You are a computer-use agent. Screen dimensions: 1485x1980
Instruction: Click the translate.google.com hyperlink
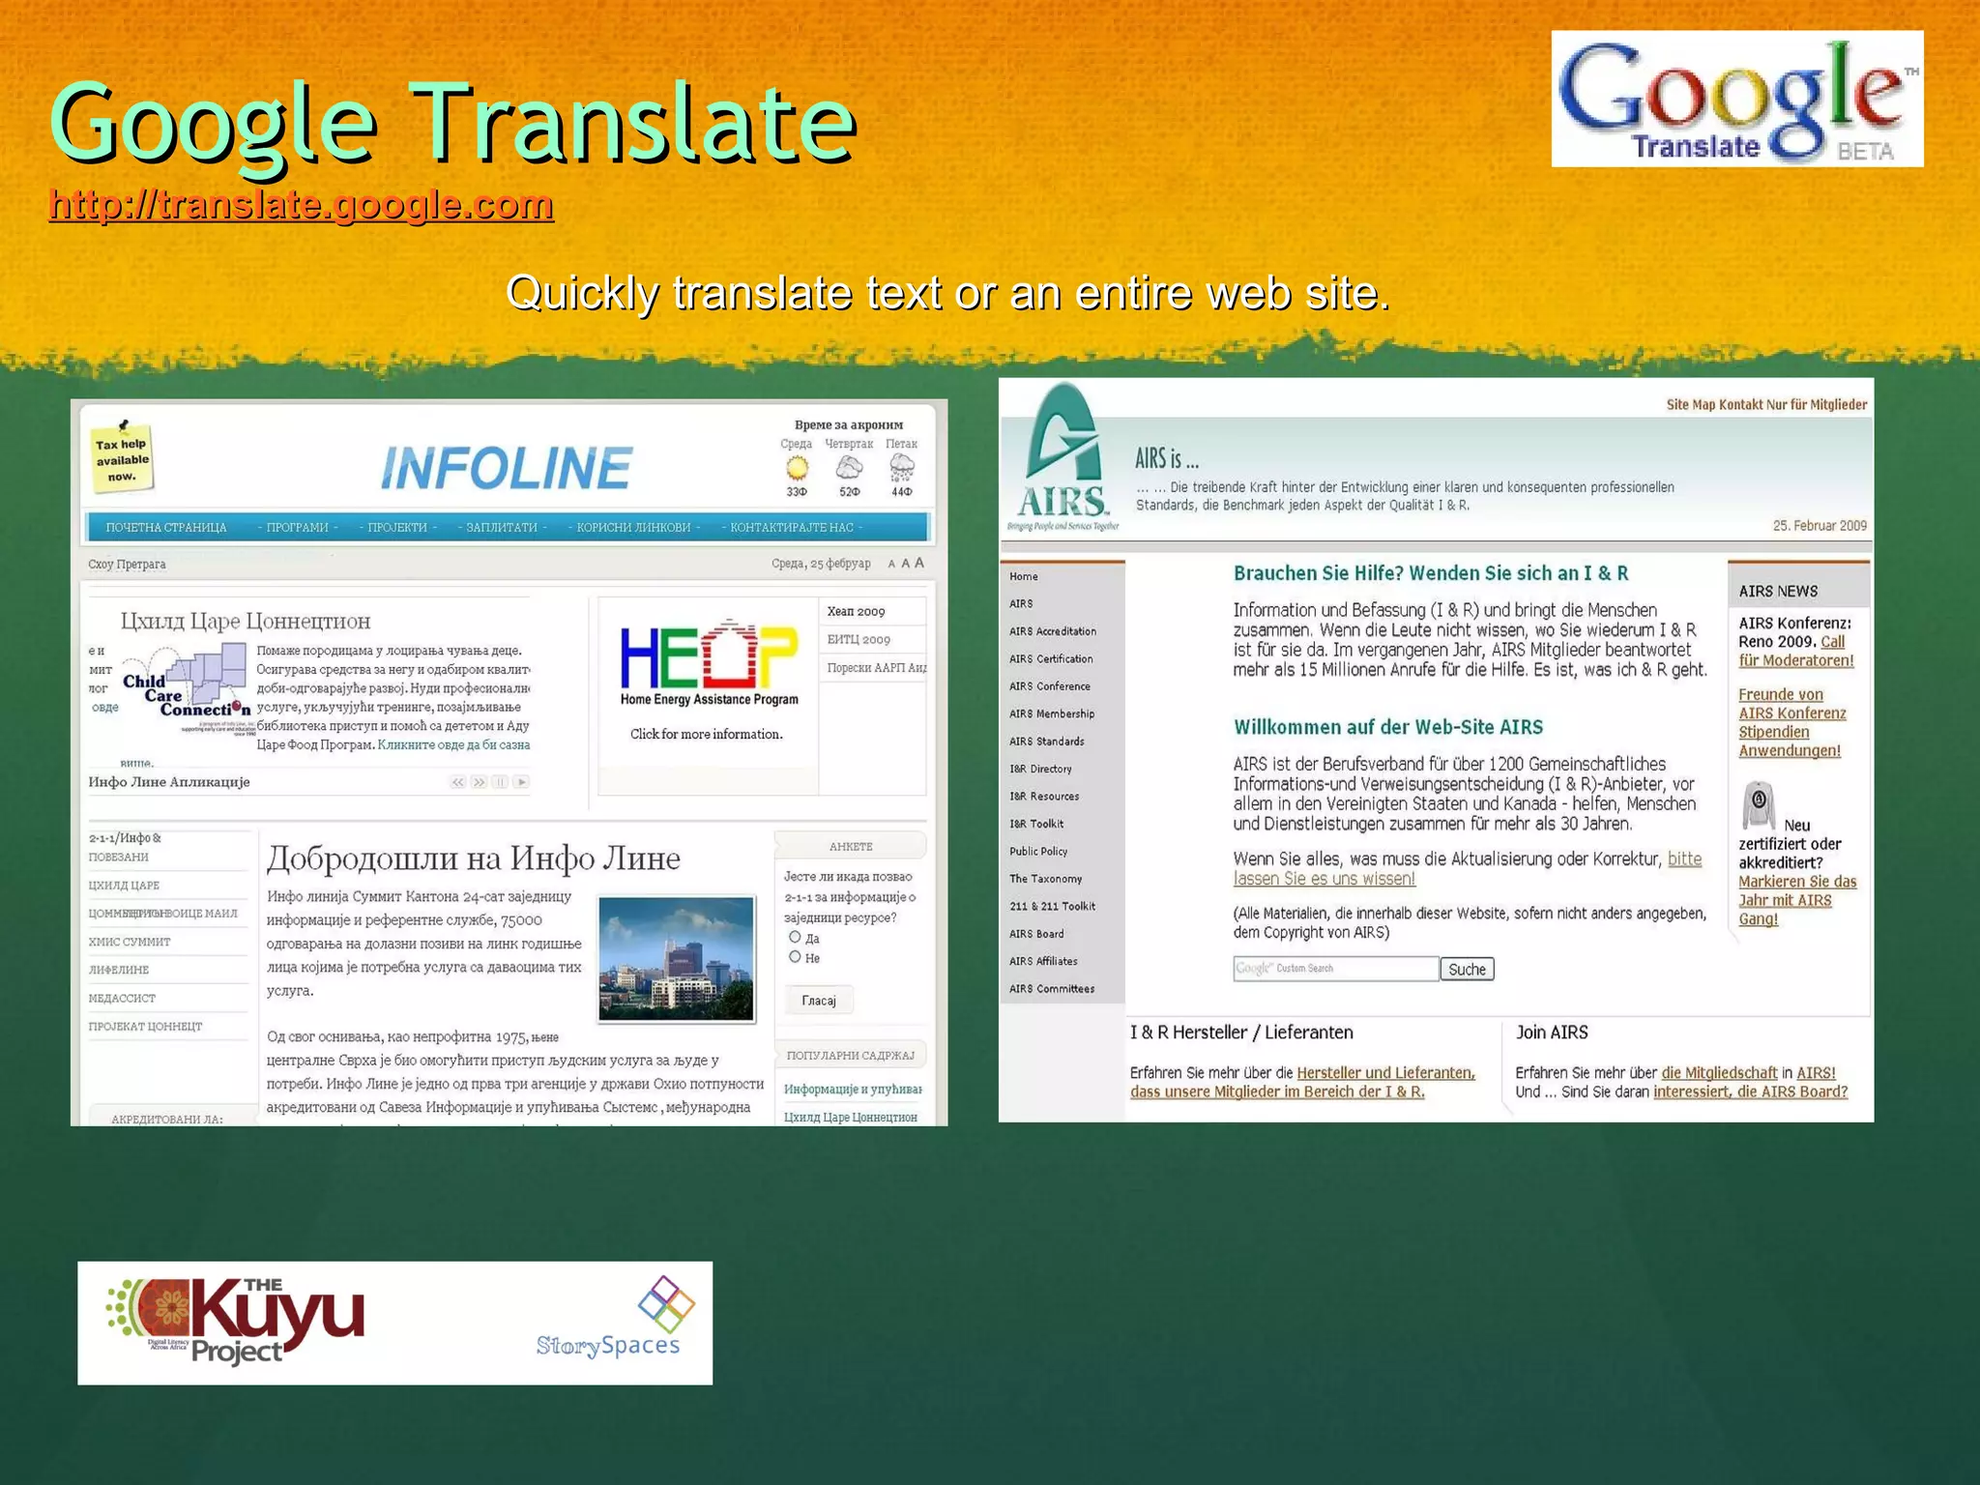pos(301,205)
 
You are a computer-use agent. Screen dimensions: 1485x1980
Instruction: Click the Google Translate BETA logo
pos(1736,99)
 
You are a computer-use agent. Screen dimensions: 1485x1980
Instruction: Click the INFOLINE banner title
pos(507,468)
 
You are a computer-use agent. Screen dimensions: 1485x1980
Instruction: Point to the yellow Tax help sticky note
pos(122,458)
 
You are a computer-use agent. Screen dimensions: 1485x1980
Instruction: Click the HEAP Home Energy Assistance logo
pos(709,665)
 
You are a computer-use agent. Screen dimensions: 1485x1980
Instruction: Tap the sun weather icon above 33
pos(797,469)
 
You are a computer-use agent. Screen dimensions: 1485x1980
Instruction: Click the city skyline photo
pos(676,958)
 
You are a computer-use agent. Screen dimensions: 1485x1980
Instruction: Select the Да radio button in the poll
pos(795,937)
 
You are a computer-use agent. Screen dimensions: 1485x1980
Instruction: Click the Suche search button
pos(1467,969)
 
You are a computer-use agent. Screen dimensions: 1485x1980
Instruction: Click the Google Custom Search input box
pos(1335,968)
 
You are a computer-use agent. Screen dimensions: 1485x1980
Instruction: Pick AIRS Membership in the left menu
pos(1052,713)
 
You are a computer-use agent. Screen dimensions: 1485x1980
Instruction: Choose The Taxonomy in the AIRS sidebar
pos(1045,879)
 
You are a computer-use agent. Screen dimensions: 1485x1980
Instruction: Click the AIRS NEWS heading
pos(1778,591)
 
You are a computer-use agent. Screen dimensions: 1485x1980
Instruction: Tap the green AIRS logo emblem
pos(1063,454)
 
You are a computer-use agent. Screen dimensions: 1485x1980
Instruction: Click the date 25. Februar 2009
pos(1820,526)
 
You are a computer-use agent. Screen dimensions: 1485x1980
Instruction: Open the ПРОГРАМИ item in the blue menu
pos(298,527)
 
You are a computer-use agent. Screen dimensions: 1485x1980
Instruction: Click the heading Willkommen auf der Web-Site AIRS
pos(1387,727)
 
